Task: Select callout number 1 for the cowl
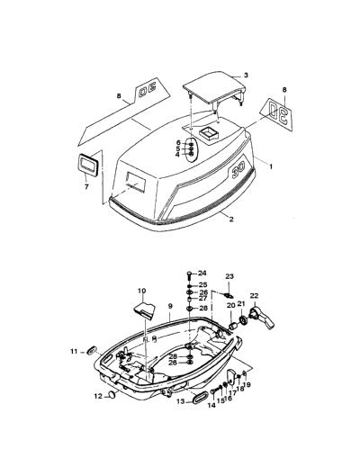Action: point(271,166)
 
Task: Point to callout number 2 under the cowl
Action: point(231,220)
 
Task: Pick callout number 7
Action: point(86,186)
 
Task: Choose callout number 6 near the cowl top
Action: point(178,142)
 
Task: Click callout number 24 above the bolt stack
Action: point(202,273)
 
